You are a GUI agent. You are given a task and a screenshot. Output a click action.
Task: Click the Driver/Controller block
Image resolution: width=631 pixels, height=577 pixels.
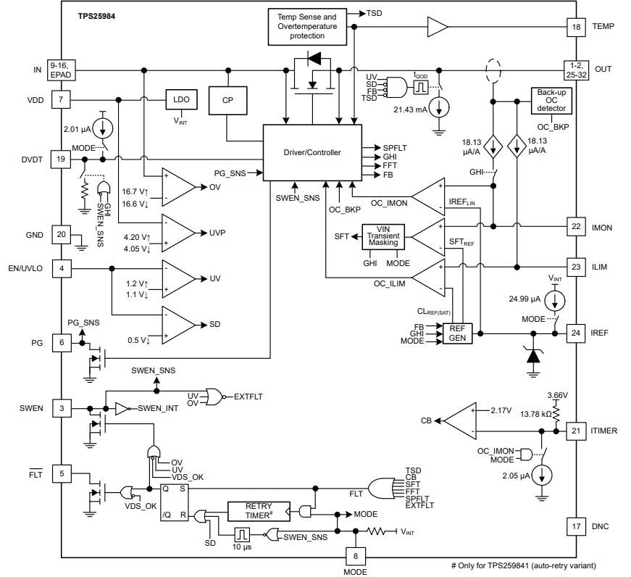pos(312,152)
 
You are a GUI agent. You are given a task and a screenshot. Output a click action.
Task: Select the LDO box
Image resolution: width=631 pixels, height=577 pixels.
pos(177,100)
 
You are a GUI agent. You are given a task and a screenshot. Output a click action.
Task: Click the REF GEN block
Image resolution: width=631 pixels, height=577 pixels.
pos(456,333)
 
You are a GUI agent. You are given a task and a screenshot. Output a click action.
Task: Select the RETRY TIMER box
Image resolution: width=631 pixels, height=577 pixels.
pos(257,511)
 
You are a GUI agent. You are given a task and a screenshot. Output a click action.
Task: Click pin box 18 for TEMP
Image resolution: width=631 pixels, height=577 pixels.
pos(575,27)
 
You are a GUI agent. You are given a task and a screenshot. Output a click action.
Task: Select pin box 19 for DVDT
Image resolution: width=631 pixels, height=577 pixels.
pos(61,159)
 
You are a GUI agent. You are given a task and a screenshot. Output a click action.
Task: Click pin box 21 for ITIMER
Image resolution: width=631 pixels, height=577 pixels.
pos(575,431)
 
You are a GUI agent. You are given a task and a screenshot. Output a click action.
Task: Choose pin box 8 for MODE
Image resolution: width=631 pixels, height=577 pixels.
pos(354,555)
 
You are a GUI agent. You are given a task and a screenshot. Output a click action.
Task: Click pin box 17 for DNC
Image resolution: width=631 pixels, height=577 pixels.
pos(575,525)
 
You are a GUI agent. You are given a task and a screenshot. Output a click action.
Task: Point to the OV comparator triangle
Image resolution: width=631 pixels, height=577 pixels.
pos(178,186)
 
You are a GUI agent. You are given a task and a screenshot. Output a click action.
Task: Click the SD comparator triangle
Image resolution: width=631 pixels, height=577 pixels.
pos(178,324)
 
